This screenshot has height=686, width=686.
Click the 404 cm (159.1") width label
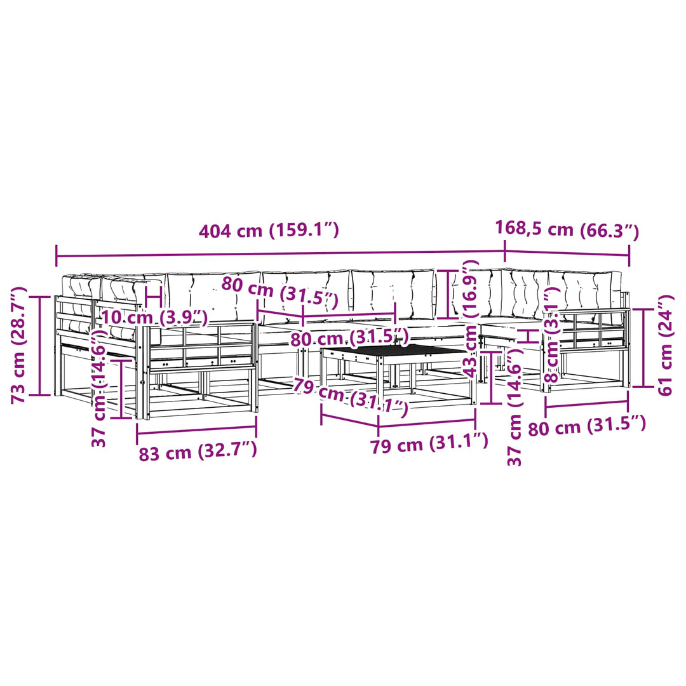(x=269, y=231)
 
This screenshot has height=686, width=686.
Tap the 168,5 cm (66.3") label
(x=567, y=230)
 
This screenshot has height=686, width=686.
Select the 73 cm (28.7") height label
(x=20, y=345)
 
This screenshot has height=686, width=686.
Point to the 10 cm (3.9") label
(x=154, y=317)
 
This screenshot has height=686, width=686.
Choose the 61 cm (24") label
(x=665, y=346)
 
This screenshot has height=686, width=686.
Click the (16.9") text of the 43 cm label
(x=471, y=289)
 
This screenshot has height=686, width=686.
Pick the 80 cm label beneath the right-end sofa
(x=587, y=426)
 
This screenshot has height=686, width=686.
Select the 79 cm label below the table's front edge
(x=429, y=444)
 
